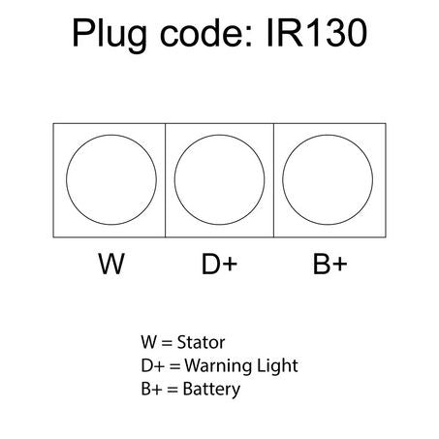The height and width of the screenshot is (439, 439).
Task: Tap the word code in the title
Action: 205,33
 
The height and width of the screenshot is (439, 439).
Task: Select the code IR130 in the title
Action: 317,33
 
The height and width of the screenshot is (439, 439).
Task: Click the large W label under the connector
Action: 111,264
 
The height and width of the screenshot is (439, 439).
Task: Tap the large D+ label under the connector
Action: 219,264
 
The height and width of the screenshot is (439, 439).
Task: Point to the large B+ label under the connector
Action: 329,264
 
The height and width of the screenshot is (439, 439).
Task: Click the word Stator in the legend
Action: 201,342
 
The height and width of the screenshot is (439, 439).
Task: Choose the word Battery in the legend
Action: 211,390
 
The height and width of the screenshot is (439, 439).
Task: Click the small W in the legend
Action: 148,342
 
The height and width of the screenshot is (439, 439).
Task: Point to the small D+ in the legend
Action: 153,366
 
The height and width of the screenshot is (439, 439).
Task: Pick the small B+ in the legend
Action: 151,390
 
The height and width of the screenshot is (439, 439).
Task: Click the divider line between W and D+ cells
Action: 166,180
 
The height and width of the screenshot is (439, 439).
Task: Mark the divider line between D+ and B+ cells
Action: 273,180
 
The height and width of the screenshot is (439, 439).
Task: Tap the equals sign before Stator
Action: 167,343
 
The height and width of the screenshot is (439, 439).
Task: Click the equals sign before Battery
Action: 172,390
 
